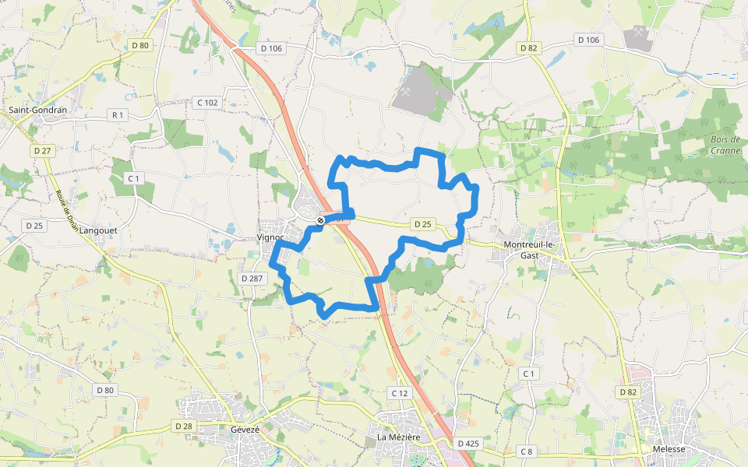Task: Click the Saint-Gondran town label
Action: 38,110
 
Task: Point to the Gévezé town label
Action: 245,429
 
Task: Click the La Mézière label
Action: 398,437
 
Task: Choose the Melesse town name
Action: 669,449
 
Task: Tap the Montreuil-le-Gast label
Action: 530,250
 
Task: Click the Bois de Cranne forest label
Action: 725,145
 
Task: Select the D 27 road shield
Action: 42,150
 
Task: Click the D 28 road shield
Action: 183,426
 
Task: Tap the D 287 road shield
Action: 252,278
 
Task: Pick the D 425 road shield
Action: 468,443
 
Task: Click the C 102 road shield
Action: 207,102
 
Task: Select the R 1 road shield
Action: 118,115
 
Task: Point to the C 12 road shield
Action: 399,393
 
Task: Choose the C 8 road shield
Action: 528,451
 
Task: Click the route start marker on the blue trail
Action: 320,221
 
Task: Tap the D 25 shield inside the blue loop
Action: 422,224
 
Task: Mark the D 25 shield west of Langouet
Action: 34,226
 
